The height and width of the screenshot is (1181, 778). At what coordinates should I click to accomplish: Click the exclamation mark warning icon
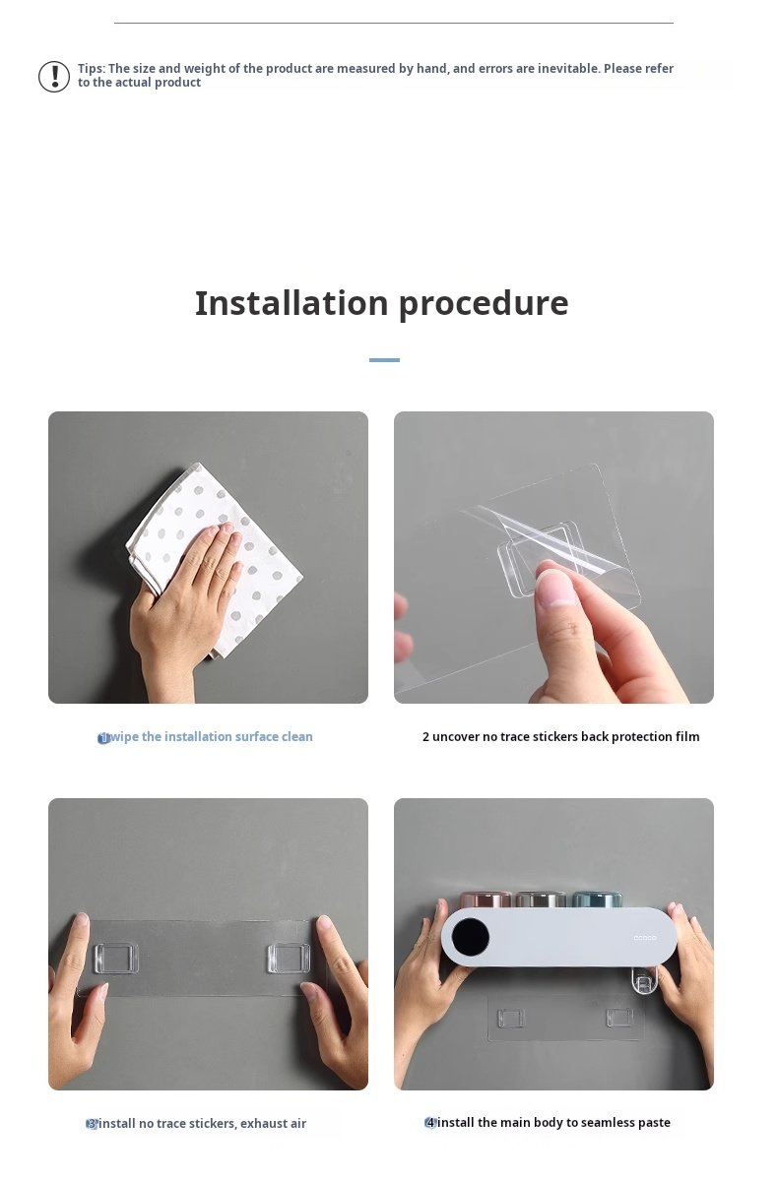(x=54, y=77)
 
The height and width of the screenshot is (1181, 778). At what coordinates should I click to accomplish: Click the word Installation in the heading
(x=292, y=303)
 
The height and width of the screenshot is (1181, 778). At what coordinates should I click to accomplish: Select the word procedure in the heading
(x=484, y=305)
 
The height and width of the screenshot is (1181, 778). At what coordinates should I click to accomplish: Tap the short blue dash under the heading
(x=384, y=360)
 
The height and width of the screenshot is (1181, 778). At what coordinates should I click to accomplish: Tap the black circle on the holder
(x=471, y=937)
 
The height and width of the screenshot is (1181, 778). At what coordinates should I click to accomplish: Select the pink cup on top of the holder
(x=486, y=899)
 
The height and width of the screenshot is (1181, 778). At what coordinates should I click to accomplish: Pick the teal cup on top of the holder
(x=597, y=899)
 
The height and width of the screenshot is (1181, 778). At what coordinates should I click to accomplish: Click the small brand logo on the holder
(x=644, y=937)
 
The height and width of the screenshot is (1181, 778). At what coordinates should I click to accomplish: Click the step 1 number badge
(x=104, y=739)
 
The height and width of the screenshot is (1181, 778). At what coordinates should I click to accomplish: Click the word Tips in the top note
(x=92, y=69)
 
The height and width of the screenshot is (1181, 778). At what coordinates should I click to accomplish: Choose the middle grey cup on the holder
(x=541, y=899)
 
